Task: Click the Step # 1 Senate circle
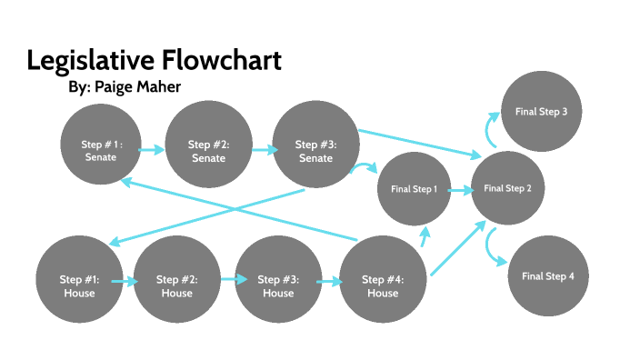103,150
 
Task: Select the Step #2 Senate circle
208,150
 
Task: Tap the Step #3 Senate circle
315,150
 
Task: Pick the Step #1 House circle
79,285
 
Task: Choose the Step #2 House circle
176,285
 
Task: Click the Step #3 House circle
277,285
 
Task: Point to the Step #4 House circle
382,285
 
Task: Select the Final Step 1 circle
415,190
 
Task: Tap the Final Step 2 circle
507,188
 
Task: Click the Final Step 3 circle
541,113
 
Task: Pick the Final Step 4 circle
547,275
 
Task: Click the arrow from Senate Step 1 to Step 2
154,150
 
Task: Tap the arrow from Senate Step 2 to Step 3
264,150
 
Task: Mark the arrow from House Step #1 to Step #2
127,282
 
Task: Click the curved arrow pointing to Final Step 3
489,129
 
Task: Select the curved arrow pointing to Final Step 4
493,248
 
